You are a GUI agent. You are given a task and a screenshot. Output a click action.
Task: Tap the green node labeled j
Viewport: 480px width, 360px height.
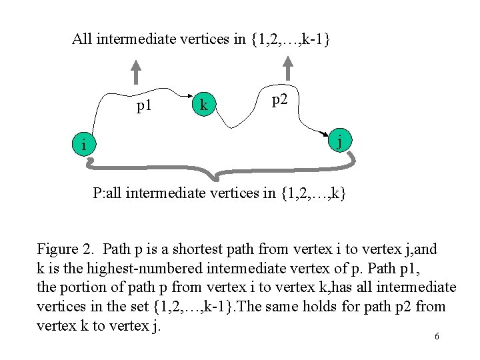[x=340, y=142]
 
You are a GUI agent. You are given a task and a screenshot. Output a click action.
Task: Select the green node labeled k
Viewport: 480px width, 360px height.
[x=203, y=105]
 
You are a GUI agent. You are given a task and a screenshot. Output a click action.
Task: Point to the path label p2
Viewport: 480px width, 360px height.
[x=280, y=100]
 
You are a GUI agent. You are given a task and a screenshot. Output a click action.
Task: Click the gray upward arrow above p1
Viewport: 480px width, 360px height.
[x=136, y=72]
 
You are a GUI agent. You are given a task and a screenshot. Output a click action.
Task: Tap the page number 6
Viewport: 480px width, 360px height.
[x=437, y=337]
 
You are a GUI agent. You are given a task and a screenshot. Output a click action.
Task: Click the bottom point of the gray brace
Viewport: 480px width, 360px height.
[x=214, y=178]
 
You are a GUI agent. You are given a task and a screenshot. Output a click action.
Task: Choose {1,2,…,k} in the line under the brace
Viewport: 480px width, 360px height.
[x=313, y=194]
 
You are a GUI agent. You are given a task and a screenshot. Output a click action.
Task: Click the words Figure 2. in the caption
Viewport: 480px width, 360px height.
[x=67, y=250]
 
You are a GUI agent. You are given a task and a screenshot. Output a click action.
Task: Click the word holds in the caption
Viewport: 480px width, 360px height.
[x=359, y=307]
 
